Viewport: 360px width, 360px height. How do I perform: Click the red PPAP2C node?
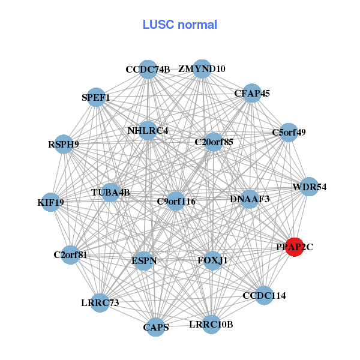[x=294, y=247]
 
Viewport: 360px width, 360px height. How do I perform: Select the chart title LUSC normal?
[x=180, y=25]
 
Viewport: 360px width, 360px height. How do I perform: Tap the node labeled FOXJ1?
[x=213, y=261]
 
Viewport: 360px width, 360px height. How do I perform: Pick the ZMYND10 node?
[x=202, y=69]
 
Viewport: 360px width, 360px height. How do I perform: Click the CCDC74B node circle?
[x=148, y=70]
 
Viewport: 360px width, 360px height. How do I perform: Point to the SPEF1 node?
[x=97, y=97]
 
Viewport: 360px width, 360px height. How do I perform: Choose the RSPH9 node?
[x=64, y=144]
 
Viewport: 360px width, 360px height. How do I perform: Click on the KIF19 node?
[x=51, y=202]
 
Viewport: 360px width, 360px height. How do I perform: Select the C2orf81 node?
[x=71, y=254]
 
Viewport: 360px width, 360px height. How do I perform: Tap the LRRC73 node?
[x=101, y=303]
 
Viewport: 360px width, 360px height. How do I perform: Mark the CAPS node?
[x=156, y=327]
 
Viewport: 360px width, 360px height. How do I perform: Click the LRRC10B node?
[x=211, y=325]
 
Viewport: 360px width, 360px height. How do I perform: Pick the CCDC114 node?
[x=264, y=295]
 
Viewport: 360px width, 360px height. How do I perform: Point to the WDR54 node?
[x=309, y=187]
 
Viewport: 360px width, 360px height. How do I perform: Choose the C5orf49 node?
[x=289, y=133]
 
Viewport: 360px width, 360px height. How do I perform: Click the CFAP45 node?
[x=252, y=93]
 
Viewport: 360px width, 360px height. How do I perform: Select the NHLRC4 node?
[x=148, y=130]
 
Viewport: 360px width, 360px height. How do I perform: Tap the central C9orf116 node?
[x=176, y=201]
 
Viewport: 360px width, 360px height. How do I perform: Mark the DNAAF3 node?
[x=250, y=199]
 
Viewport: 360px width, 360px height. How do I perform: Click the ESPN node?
[x=144, y=261]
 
